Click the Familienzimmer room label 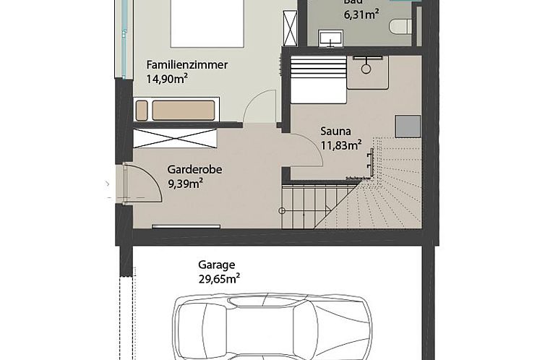[186, 65]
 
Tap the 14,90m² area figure [167, 79]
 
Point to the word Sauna [335, 132]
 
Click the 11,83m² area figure [340, 145]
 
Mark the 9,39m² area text [185, 183]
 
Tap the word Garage [217, 265]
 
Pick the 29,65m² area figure [219, 278]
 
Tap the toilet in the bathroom [400, 27]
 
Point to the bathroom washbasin [334, 35]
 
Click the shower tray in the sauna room [367, 71]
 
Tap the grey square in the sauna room [407, 126]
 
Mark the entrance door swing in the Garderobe [143, 182]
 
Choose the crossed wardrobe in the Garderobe [176, 137]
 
